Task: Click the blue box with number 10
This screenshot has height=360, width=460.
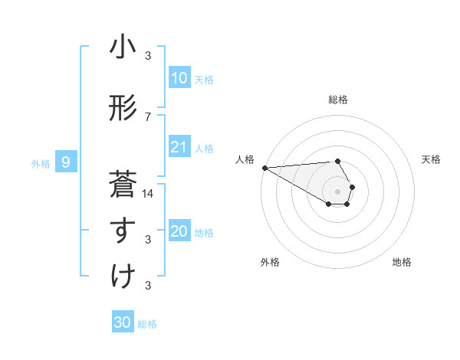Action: tap(179, 78)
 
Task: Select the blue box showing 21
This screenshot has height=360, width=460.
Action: tap(179, 147)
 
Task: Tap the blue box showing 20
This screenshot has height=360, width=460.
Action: tap(179, 231)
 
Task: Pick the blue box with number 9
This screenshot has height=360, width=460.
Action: tap(66, 162)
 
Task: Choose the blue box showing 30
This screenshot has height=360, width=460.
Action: tap(123, 322)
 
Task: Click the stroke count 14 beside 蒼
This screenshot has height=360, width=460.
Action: tap(149, 194)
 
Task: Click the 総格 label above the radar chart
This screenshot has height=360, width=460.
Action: tap(338, 100)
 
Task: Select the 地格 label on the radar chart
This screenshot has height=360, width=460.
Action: tap(402, 262)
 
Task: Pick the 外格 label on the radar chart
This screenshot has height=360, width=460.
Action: tap(270, 262)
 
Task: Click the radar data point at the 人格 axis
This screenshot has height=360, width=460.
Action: tap(264, 167)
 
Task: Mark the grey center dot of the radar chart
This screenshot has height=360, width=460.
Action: tap(338, 190)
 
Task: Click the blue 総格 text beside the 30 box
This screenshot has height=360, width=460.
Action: tap(147, 324)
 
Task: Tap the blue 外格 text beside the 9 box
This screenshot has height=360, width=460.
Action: tap(40, 163)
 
